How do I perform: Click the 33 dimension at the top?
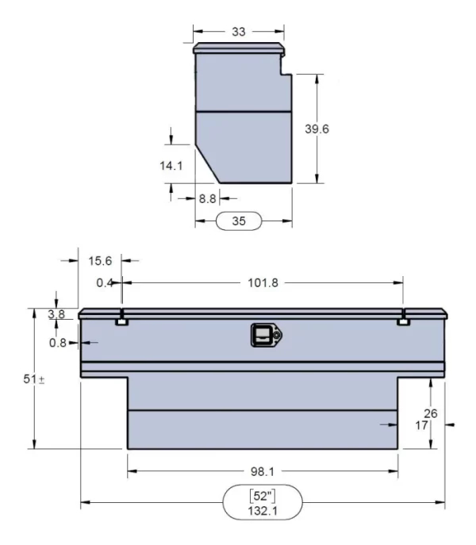238,32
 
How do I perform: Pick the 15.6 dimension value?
100,259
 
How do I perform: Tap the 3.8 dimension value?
56,314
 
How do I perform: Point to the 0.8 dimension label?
58,343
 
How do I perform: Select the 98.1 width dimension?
263,471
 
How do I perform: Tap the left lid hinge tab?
122,321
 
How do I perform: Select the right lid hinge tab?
403,321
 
